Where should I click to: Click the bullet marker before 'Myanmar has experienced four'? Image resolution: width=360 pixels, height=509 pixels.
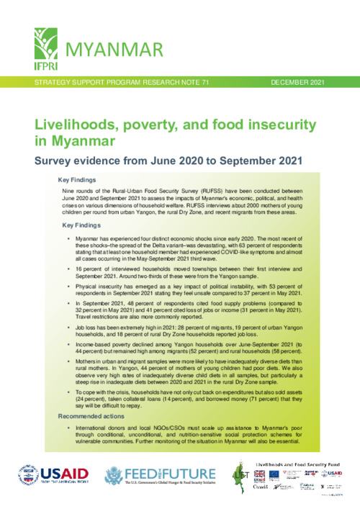[x=67, y=237]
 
